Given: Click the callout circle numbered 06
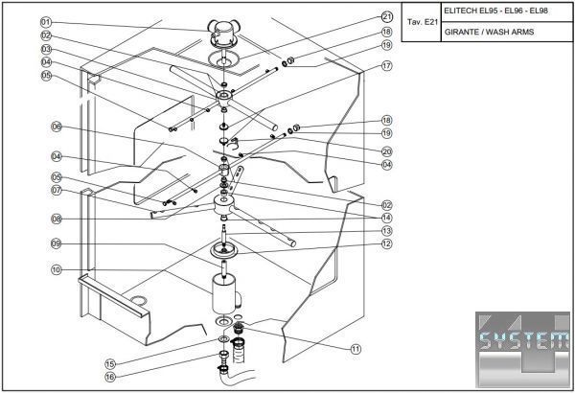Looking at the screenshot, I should [57, 127].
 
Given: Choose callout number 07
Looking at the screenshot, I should [57, 190].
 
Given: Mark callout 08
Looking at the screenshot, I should [57, 219].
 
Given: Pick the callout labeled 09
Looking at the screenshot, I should [57, 243].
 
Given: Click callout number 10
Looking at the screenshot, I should [57, 270].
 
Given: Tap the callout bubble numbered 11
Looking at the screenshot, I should [356, 349].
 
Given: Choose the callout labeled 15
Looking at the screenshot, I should [110, 363].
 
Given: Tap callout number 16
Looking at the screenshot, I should [110, 377].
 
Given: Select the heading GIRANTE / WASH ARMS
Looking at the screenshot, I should [490, 32].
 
